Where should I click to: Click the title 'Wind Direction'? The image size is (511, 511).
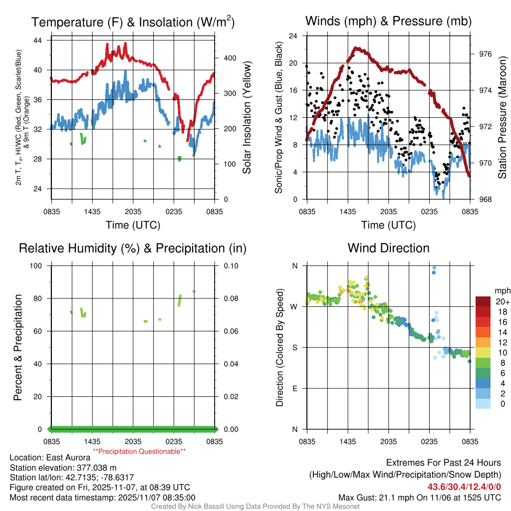388,248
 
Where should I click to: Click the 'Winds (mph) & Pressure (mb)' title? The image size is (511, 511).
388,21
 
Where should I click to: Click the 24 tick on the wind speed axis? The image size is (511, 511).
293,36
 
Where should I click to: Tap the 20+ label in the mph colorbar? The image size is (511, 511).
502,302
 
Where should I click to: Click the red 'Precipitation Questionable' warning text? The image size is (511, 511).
139,451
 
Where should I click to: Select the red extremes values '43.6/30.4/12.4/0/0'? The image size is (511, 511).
464,487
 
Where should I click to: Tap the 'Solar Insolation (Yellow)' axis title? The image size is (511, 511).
247,118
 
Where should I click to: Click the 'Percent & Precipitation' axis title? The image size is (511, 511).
18,347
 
